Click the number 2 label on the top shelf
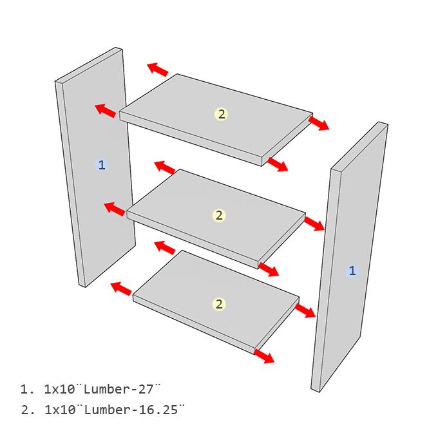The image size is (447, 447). click(x=221, y=114)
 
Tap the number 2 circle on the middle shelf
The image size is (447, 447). click(x=219, y=215)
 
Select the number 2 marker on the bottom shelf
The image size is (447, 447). click(x=219, y=304)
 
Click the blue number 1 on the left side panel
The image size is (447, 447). click(x=100, y=165)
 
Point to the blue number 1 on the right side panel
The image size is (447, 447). click(x=352, y=271)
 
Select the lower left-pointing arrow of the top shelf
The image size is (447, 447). click(x=106, y=110)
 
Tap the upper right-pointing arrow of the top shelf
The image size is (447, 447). click(x=319, y=123)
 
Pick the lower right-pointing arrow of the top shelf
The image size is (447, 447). click(x=278, y=165)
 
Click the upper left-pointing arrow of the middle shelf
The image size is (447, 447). click(x=165, y=167)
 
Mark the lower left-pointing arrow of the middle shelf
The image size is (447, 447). click(x=115, y=209)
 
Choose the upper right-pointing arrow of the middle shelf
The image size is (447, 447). click(x=314, y=223)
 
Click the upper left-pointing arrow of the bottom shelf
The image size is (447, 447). click(x=165, y=247)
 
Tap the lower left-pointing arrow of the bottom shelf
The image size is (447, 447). click(x=121, y=287)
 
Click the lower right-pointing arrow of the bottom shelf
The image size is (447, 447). click(x=264, y=356)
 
